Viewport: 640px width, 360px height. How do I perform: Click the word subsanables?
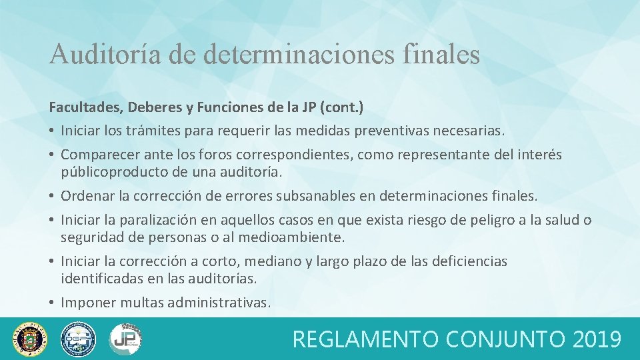click(x=341, y=197)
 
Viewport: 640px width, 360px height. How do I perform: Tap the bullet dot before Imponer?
click(x=52, y=303)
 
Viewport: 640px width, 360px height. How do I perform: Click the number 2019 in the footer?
click(x=597, y=339)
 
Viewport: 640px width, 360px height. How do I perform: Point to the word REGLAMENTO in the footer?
click(x=365, y=339)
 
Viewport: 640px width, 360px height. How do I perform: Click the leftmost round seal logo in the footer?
click(x=31, y=339)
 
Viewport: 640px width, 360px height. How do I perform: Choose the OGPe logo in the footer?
click(x=78, y=339)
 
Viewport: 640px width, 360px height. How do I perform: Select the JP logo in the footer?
click(x=125, y=339)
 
